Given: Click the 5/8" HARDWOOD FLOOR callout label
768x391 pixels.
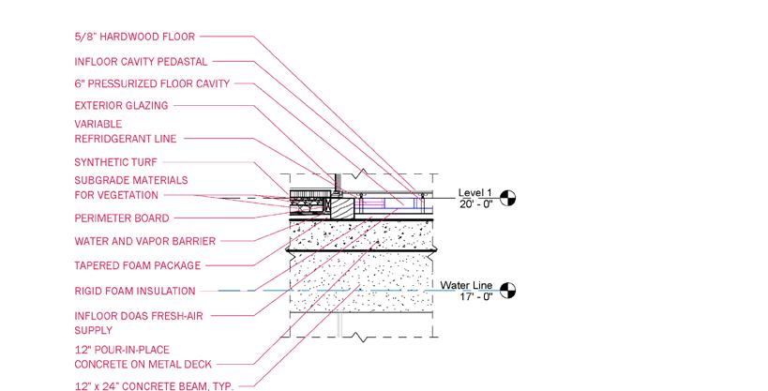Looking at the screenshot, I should (134, 38).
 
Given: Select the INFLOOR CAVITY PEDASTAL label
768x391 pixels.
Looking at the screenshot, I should (141, 61).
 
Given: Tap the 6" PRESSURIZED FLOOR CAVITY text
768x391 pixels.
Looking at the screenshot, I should (151, 83).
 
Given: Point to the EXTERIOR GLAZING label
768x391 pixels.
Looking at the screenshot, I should (121, 106).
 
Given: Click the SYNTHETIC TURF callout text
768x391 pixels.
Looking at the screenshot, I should (113, 162).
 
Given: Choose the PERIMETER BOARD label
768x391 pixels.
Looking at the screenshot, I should (121, 218).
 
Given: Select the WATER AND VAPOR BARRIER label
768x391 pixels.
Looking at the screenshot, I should (145, 241).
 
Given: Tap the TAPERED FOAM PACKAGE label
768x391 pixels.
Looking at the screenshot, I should (137, 266).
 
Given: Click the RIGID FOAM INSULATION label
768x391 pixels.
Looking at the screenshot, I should (135, 291).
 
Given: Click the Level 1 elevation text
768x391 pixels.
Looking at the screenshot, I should (474, 192).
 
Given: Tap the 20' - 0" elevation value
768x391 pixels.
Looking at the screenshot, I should (476, 203).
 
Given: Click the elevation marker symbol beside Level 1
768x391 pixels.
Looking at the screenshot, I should (508, 198).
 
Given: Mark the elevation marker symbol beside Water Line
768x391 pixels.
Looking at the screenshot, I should (508, 291).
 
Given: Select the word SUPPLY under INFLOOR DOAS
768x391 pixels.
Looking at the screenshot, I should (93, 330).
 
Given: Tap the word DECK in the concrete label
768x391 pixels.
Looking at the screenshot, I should (197, 364).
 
